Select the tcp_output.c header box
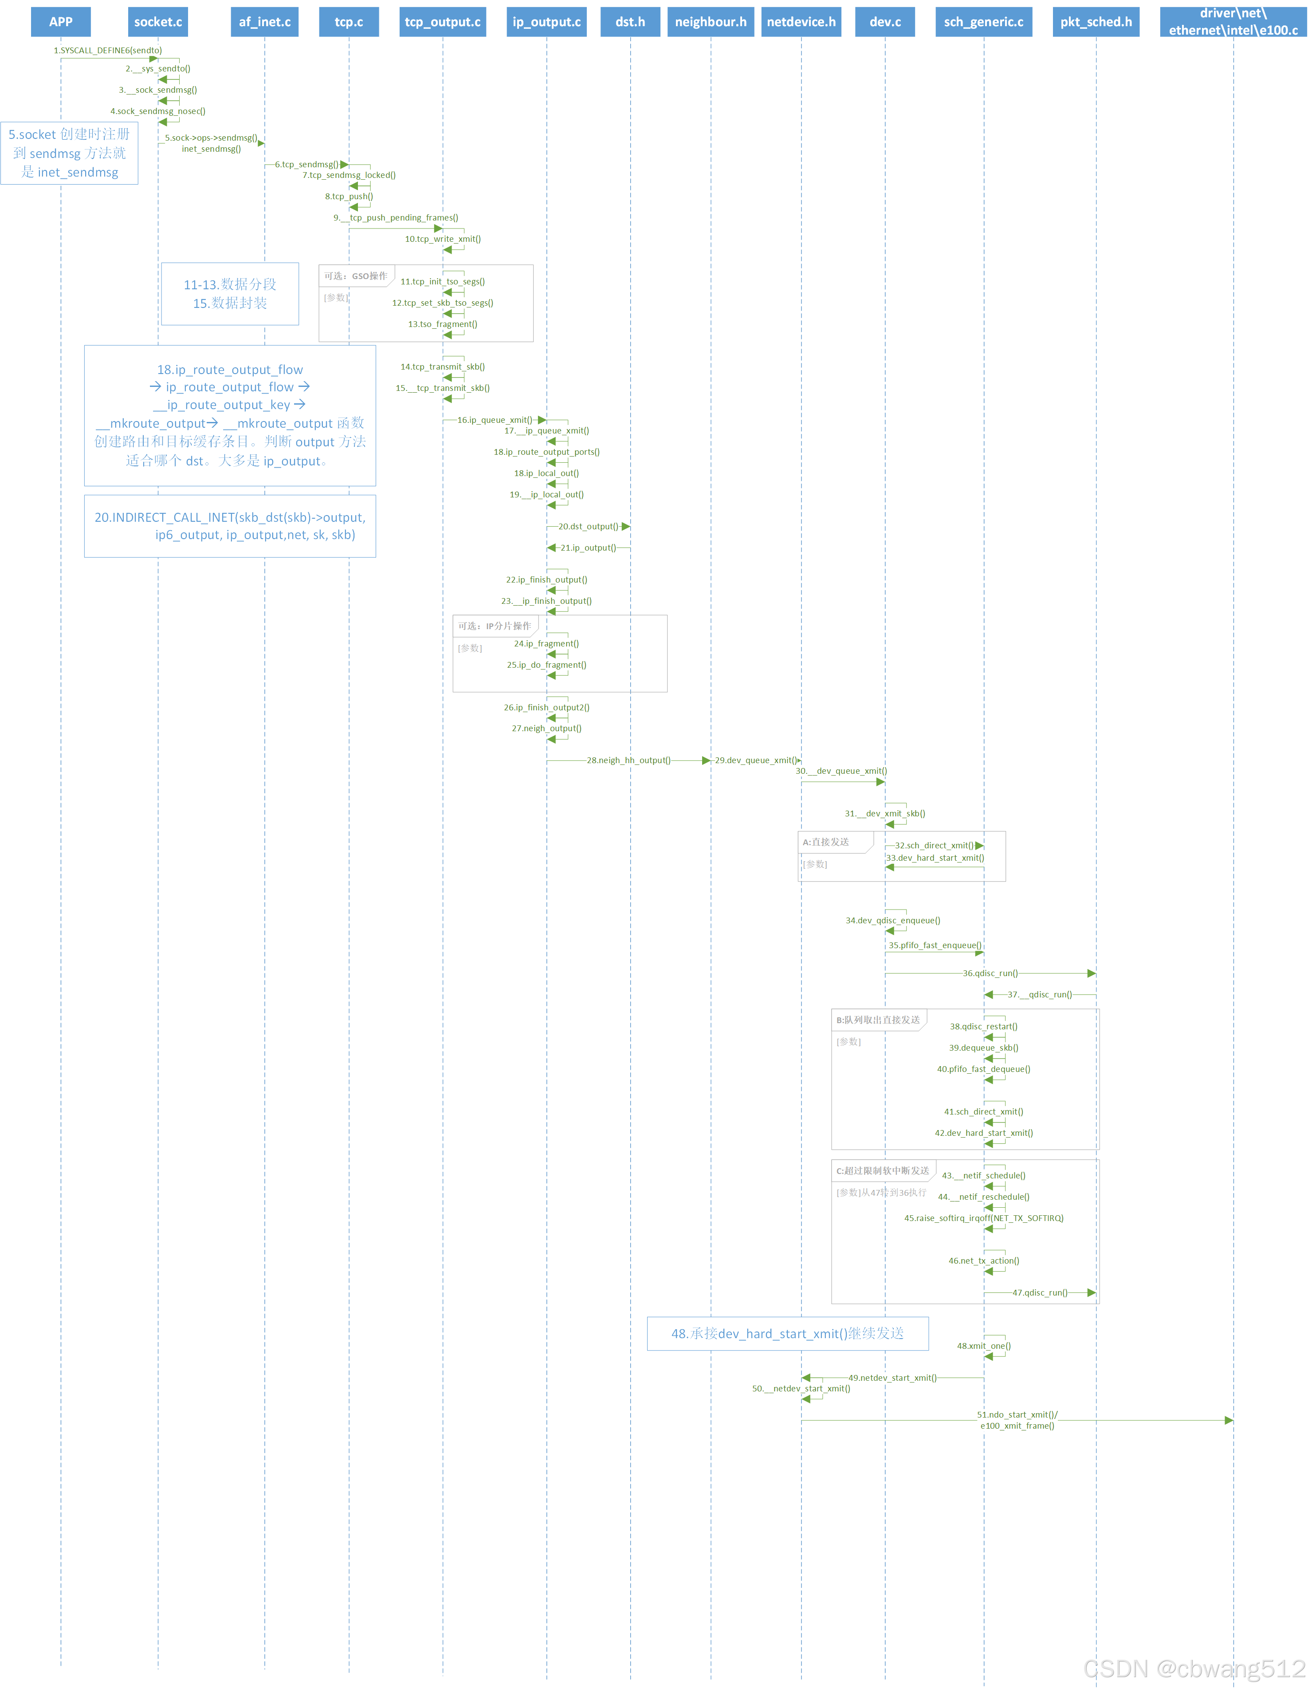[x=443, y=22]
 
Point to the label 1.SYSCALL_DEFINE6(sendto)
[x=107, y=50]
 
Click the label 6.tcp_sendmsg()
[x=306, y=164]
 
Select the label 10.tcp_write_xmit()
[x=443, y=239]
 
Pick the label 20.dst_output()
[x=588, y=526]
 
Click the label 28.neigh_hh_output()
[x=628, y=760]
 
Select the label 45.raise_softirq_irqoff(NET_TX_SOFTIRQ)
[x=983, y=1218]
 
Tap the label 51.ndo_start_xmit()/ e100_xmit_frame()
[x=1017, y=1420]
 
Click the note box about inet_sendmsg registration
[x=70, y=153]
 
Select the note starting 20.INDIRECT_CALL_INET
[x=230, y=526]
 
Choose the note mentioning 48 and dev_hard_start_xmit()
[x=787, y=1333]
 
